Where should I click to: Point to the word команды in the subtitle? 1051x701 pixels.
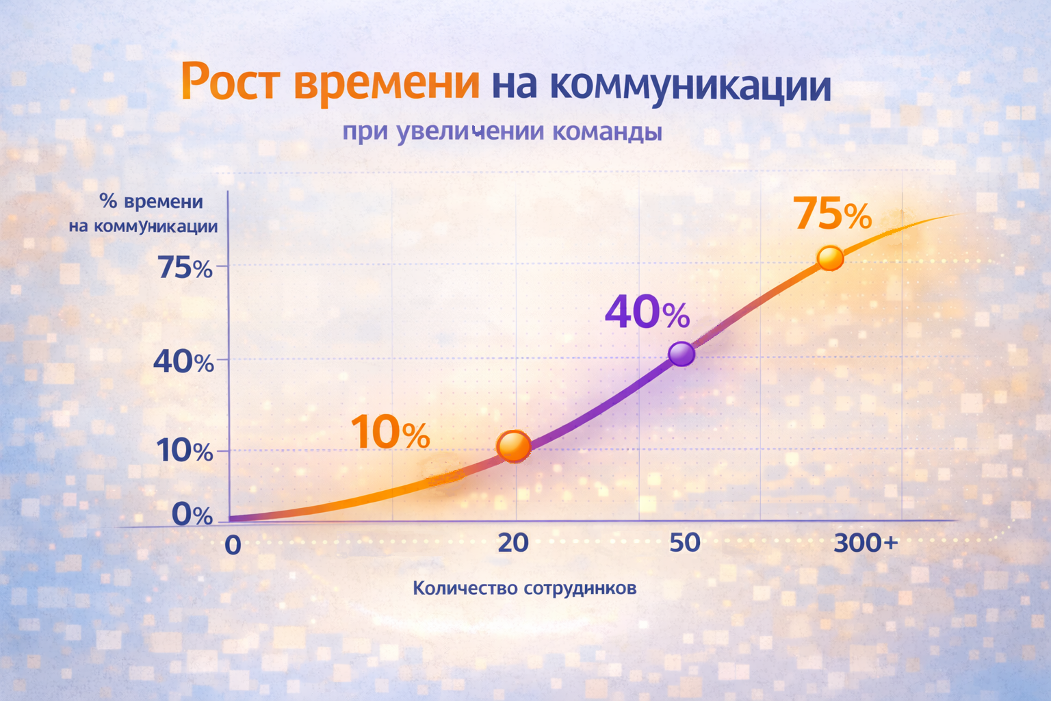click(x=607, y=131)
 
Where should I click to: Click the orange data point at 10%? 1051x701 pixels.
click(x=514, y=446)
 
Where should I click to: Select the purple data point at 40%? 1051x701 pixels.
click(x=682, y=354)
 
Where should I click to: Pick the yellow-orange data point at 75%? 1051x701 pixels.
click(x=830, y=258)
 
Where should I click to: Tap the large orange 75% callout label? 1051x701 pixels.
click(x=832, y=214)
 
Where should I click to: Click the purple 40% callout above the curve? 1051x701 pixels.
click(x=647, y=313)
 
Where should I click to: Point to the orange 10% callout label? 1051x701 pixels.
click(x=390, y=433)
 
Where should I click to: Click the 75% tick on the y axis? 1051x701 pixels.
click(x=185, y=268)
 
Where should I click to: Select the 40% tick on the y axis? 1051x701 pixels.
click(x=183, y=361)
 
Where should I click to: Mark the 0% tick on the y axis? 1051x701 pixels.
click(x=192, y=514)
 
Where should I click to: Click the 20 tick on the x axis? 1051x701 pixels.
click(x=513, y=543)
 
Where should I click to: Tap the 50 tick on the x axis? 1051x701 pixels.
click(x=684, y=543)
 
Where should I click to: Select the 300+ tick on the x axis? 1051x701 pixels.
click(x=866, y=543)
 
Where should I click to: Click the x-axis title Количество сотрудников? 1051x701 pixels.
click(x=524, y=588)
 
